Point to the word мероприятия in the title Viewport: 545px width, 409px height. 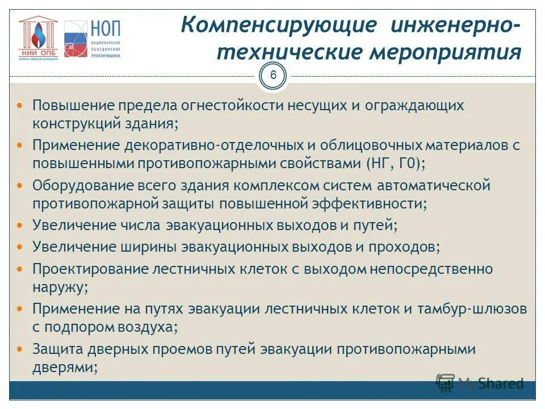446,52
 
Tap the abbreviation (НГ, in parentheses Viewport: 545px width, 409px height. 377,163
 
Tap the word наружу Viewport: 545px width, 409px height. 60,287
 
